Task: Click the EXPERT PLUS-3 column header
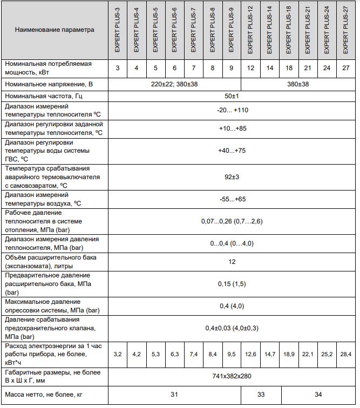tap(117, 30)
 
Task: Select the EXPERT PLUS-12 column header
tap(250, 30)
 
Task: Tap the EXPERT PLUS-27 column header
tap(345, 30)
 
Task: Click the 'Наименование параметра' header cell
tap(55, 30)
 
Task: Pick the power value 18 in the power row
tap(289, 68)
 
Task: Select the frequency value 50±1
tap(232, 97)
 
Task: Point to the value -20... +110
tap(232, 110)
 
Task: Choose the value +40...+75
tap(232, 151)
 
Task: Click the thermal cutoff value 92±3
tap(232, 176)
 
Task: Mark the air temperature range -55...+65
tap(232, 199)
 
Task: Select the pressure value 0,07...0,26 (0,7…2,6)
tap(232, 221)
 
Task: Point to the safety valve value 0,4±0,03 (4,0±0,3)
tap(232, 328)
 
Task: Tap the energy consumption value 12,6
tap(250, 354)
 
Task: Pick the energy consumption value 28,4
tap(345, 354)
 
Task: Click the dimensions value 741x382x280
tap(232, 376)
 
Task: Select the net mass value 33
tap(260, 395)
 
